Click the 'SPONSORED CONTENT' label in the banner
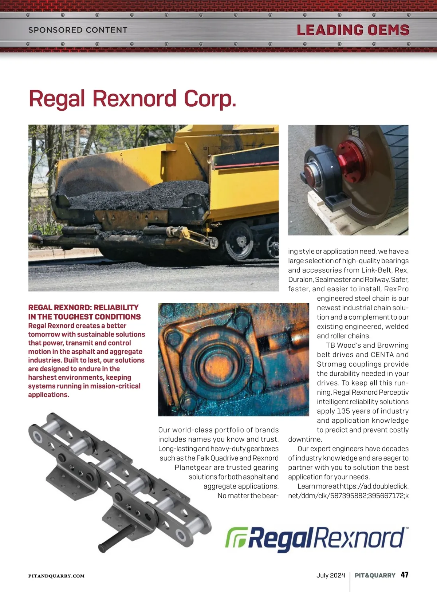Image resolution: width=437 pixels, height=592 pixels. tap(78, 30)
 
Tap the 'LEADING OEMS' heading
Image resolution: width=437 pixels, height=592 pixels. tap(353, 30)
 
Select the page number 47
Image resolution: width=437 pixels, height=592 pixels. tap(404, 575)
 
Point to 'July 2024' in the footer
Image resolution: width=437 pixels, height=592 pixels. tap(330, 575)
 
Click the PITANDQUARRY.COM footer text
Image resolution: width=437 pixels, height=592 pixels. tap(56, 576)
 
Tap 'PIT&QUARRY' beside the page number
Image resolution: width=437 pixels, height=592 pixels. tap(375, 575)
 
